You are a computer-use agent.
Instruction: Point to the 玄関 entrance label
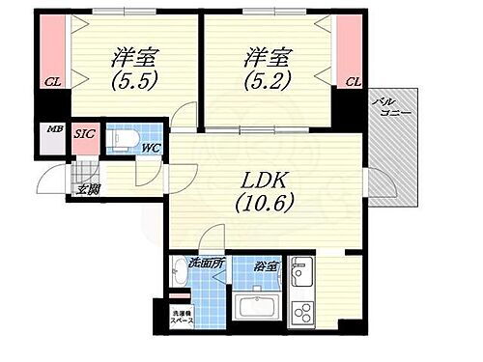[89, 188]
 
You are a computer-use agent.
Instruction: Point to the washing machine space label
[184, 319]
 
